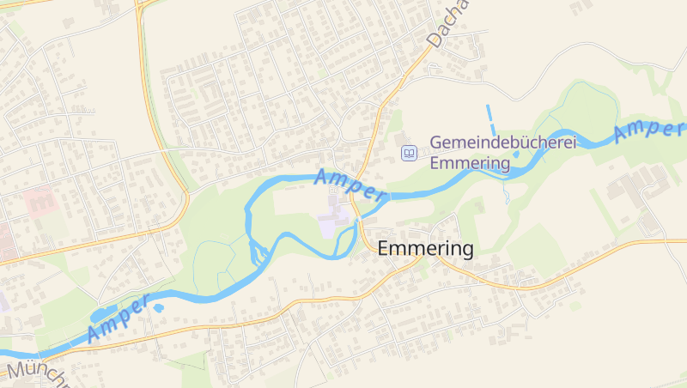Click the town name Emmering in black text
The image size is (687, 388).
[x=425, y=249]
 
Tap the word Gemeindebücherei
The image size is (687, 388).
[x=502, y=142]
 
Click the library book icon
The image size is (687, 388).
[x=410, y=154]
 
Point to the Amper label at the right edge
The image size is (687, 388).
[x=648, y=130]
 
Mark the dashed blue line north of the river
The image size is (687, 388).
[x=490, y=117]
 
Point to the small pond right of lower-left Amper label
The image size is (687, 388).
[x=158, y=306]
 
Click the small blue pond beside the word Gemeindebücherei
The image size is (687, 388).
[x=516, y=155]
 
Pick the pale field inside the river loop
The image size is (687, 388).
[x=296, y=203]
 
